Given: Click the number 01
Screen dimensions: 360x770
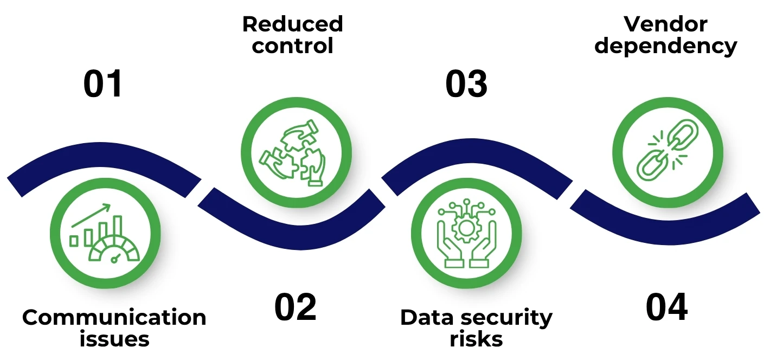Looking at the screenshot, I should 103,85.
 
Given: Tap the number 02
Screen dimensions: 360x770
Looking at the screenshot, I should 295,308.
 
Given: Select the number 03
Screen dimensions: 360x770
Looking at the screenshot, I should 466,85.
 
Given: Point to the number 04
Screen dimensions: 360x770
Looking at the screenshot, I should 666,308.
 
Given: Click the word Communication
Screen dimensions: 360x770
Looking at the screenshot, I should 114,318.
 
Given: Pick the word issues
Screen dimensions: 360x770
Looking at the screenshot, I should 114,339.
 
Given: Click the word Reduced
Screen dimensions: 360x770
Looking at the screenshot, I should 292,24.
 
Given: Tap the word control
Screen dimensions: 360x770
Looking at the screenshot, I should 292,46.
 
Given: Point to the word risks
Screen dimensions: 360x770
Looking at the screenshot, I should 476,339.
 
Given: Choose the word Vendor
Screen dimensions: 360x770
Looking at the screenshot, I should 665,24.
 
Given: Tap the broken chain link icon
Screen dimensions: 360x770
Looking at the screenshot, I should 668,150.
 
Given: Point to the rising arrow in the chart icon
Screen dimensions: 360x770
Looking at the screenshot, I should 91,215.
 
